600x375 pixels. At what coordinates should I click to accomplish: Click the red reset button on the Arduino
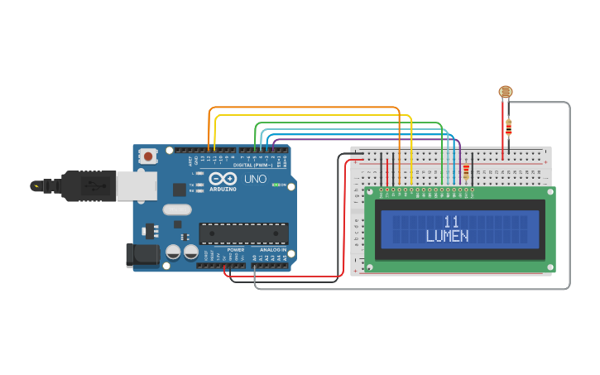[x=148, y=155]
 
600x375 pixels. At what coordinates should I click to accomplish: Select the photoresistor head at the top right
[x=505, y=93]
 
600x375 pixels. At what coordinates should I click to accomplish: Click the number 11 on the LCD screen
[x=451, y=221]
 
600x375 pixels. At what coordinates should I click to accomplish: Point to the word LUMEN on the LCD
[x=447, y=236]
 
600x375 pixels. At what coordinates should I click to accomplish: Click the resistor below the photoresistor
[x=508, y=127]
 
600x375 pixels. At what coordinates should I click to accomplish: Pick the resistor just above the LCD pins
[x=466, y=171]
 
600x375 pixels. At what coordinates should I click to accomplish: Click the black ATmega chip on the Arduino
[x=243, y=233]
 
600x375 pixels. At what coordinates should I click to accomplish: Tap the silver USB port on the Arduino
[x=135, y=186]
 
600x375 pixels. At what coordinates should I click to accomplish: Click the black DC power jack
[x=142, y=255]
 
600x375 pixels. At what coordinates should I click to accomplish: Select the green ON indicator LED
[x=276, y=185]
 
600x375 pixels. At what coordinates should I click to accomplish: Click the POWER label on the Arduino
[x=236, y=249]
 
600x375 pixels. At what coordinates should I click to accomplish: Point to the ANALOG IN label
[x=272, y=249]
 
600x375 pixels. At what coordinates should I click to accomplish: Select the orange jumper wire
[x=306, y=108]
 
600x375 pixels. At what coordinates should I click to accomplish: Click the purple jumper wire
[x=356, y=139]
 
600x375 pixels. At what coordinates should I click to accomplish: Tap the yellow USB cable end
[x=36, y=186]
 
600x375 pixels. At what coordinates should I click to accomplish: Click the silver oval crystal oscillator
[x=177, y=209]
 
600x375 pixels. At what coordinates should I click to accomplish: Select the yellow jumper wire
[x=314, y=115]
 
